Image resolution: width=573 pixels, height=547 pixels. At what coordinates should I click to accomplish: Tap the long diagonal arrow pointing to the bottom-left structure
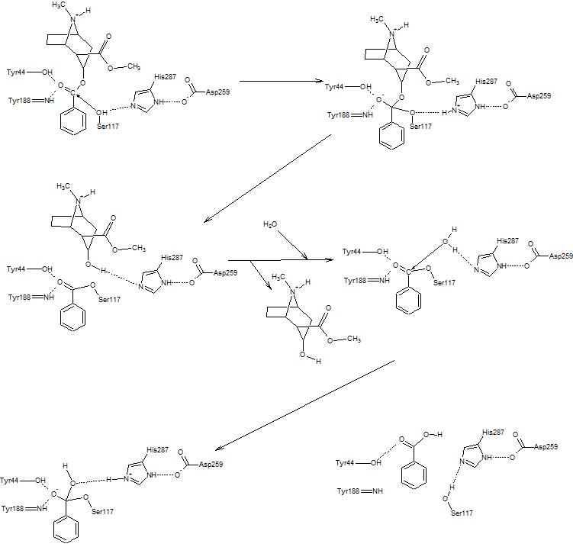[x=305, y=404]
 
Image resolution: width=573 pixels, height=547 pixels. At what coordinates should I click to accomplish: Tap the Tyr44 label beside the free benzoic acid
[x=348, y=463]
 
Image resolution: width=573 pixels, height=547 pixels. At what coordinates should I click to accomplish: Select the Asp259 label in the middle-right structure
[x=560, y=256]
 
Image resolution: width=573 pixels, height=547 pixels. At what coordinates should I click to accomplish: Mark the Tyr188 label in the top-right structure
[x=340, y=114]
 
